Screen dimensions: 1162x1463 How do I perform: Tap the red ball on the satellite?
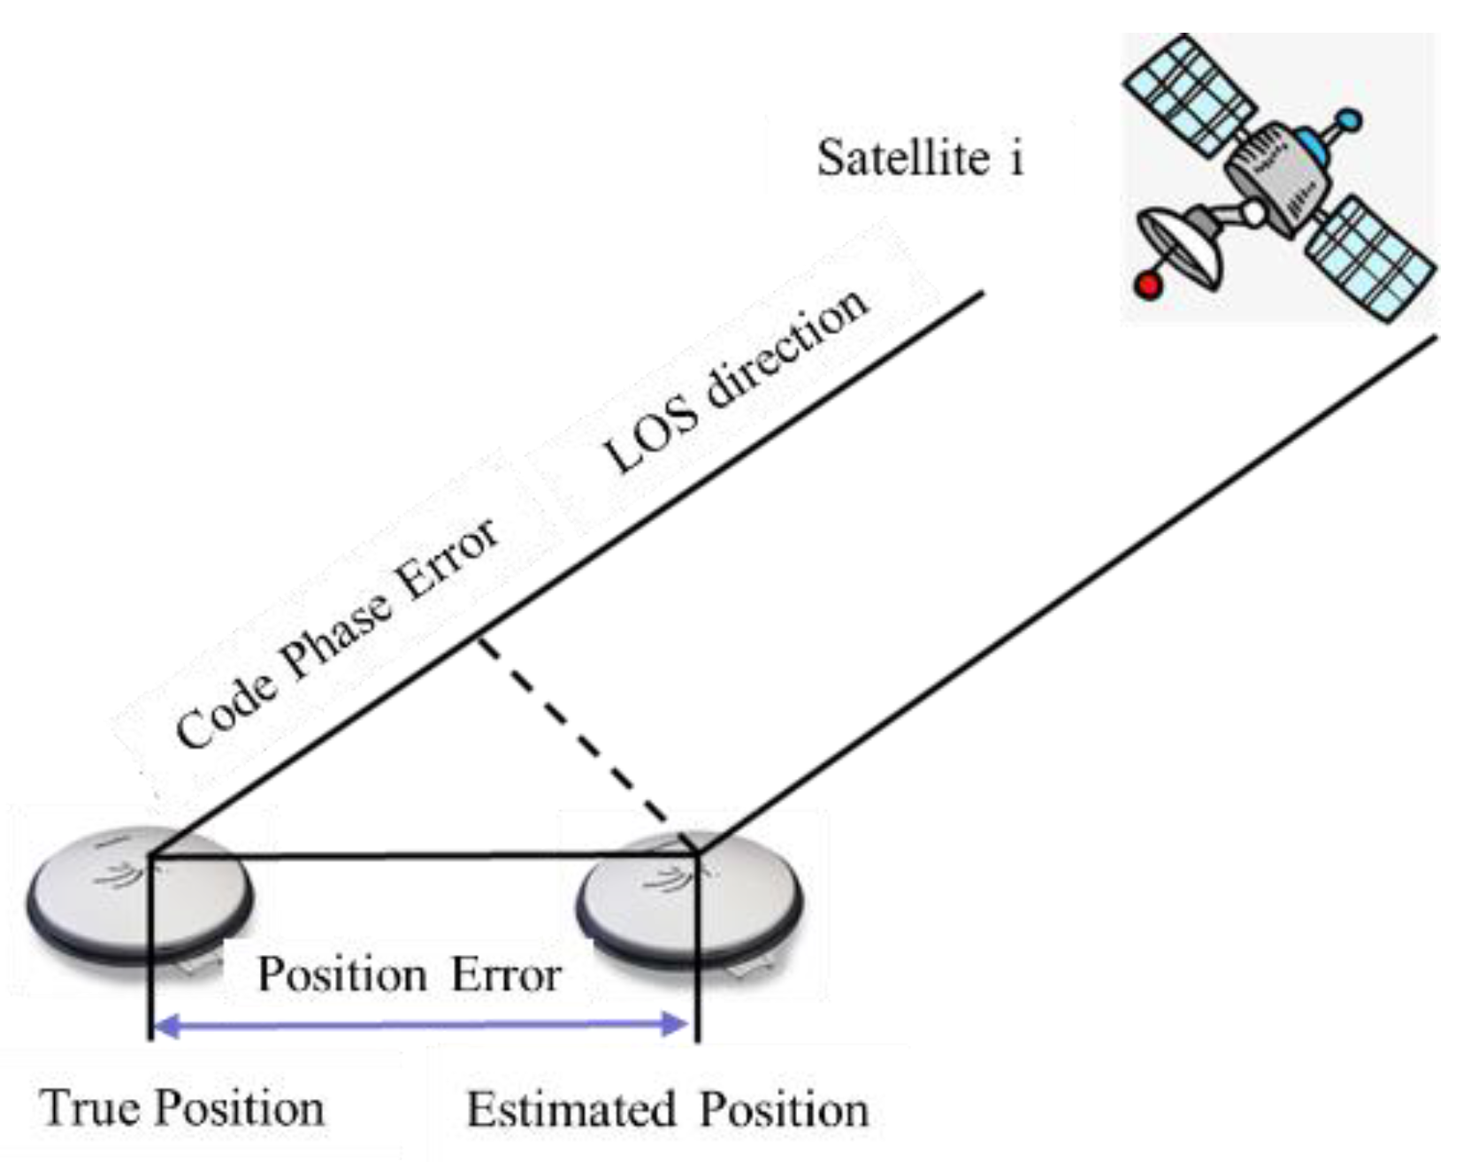[x=1148, y=285]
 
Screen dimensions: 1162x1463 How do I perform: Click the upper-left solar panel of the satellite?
[x=1190, y=96]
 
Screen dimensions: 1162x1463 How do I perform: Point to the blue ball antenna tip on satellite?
[x=1348, y=119]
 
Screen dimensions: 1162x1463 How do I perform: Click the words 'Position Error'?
[x=409, y=975]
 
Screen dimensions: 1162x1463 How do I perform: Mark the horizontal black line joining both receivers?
[x=425, y=856]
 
